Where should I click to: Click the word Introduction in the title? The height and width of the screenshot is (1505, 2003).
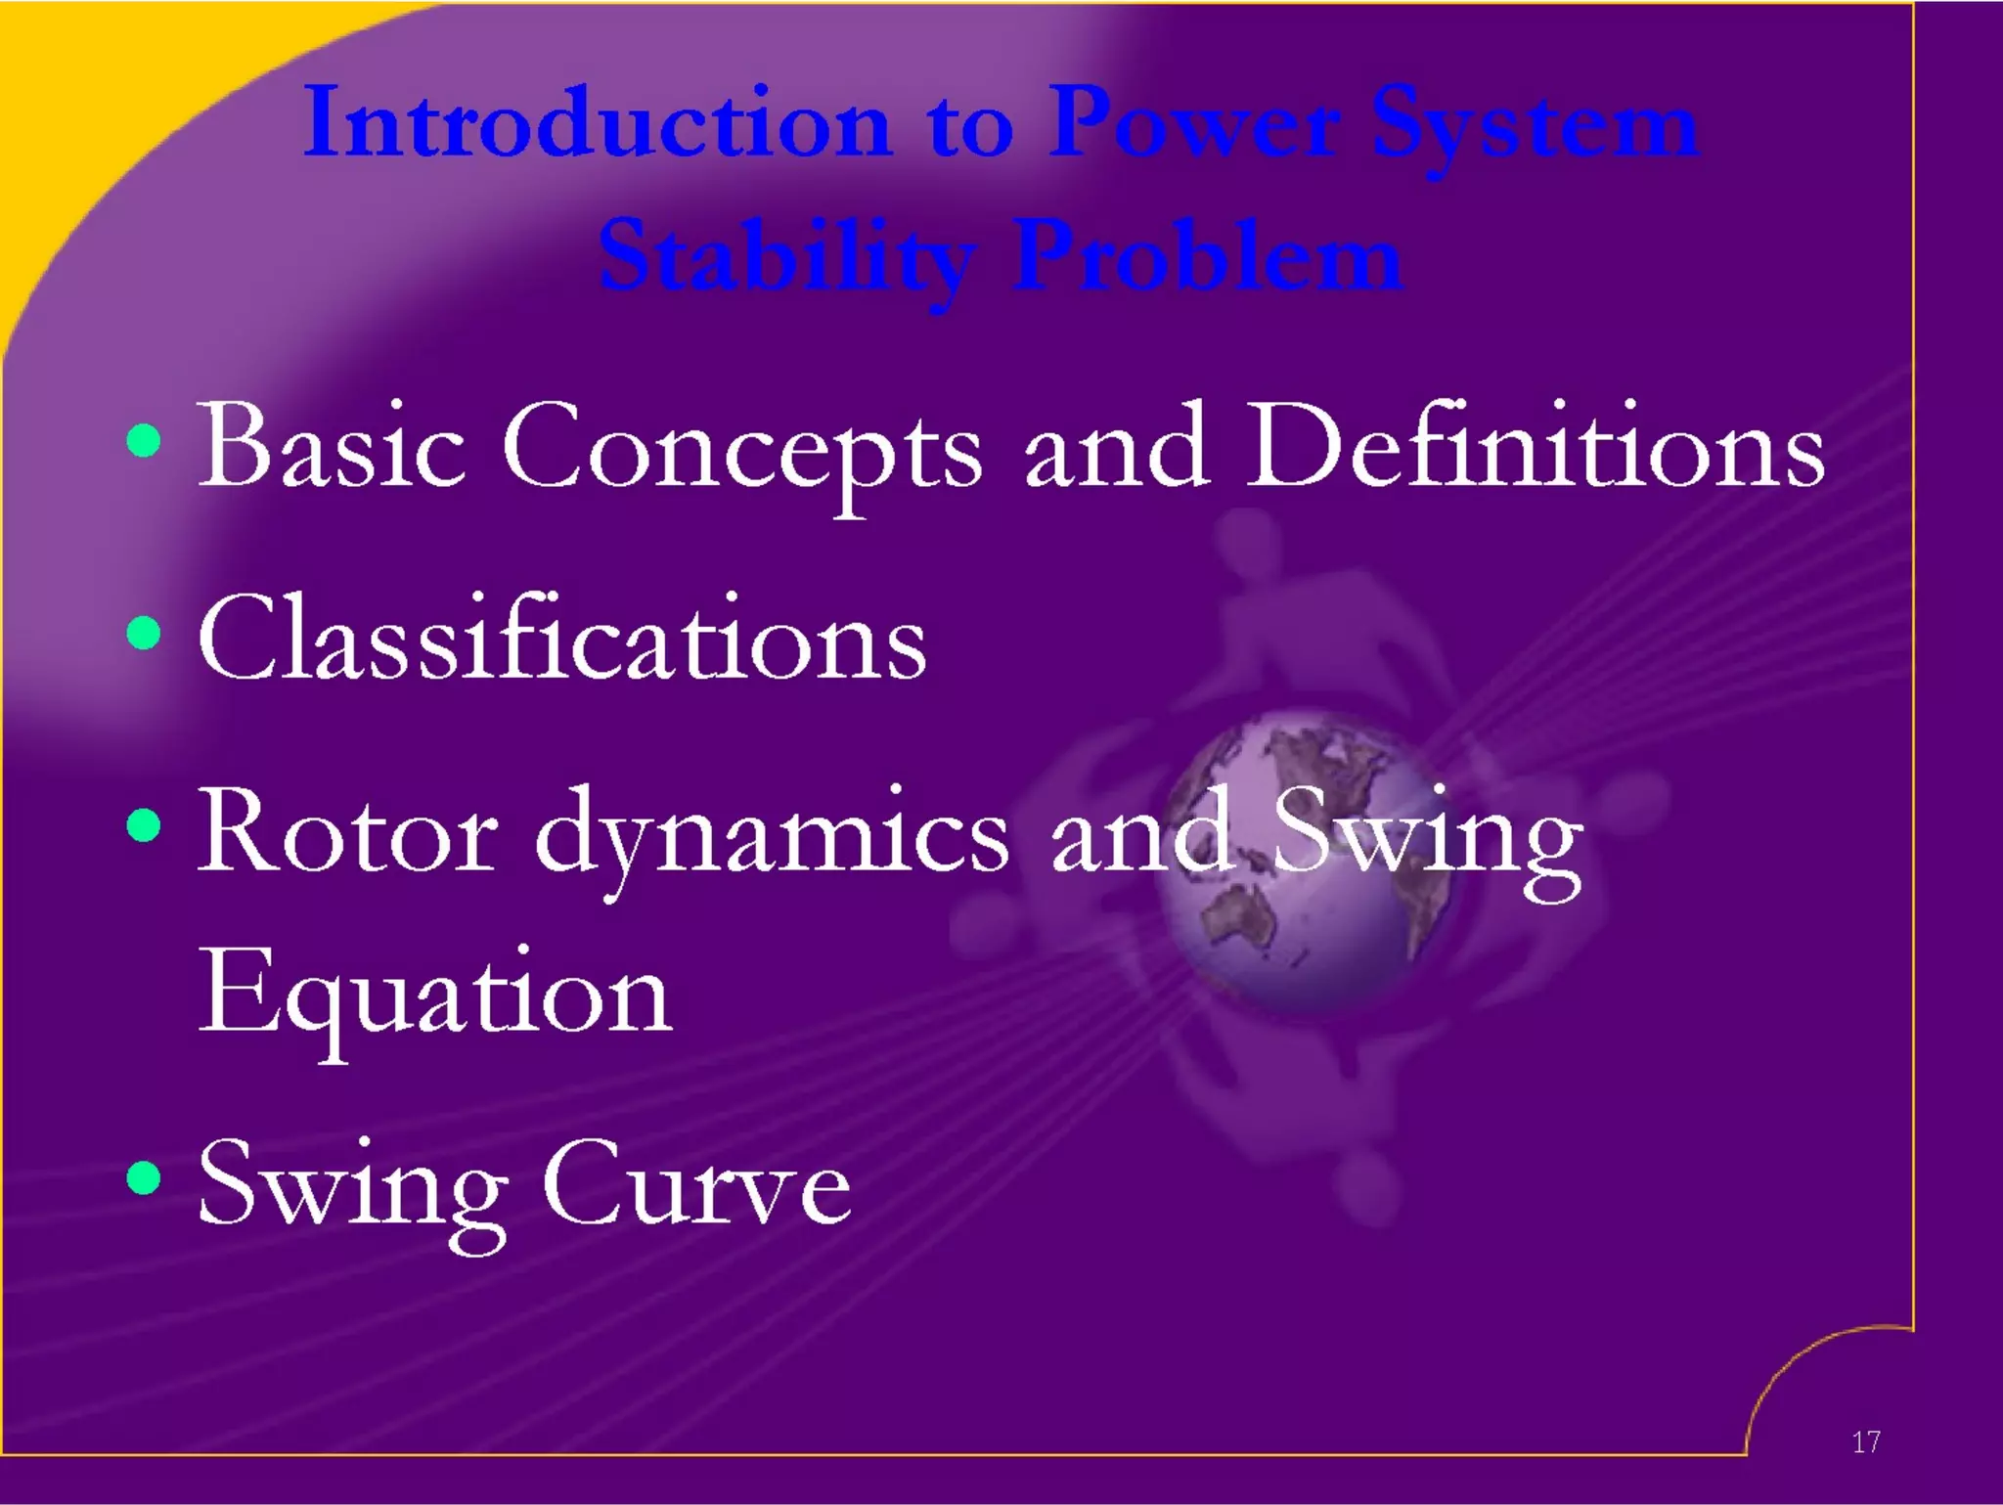coord(597,124)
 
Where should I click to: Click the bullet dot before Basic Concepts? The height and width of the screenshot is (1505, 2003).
coord(144,441)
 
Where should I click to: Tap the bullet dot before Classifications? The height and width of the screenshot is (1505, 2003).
coord(144,633)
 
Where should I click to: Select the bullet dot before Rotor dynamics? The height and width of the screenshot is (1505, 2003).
coord(144,826)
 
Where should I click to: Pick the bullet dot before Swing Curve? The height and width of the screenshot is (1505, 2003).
coord(144,1177)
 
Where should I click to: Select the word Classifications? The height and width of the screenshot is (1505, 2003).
coord(562,638)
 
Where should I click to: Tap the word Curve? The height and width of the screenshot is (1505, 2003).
coord(695,1184)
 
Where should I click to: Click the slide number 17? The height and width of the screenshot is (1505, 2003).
coord(1865,1441)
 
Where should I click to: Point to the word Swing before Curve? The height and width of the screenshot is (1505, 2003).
coord(352,1188)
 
